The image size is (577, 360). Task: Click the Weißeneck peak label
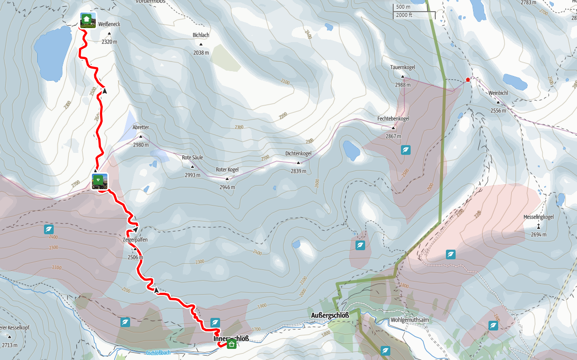(x=109, y=25)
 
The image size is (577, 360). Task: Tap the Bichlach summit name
(x=201, y=35)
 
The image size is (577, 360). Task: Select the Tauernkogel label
(x=403, y=67)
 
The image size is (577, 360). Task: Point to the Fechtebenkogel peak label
(x=393, y=119)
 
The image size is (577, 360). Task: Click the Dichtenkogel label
(x=298, y=153)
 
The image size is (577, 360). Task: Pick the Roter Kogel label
(x=227, y=170)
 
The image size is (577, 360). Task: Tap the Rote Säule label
(x=192, y=158)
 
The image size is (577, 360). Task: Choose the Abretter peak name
(x=141, y=127)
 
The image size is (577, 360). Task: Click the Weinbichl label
(x=498, y=92)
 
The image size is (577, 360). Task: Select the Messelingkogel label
(x=538, y=217)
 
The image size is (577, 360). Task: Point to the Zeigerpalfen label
(x=135, y=240)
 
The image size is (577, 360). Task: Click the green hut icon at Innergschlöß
(x=231, y=345)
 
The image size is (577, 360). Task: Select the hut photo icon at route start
(x=88, y=20)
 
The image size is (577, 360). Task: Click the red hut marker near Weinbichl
(x=467, y=79)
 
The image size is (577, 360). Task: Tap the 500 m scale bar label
(x=403, y=7)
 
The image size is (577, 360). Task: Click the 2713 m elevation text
(x=10, y=345)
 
